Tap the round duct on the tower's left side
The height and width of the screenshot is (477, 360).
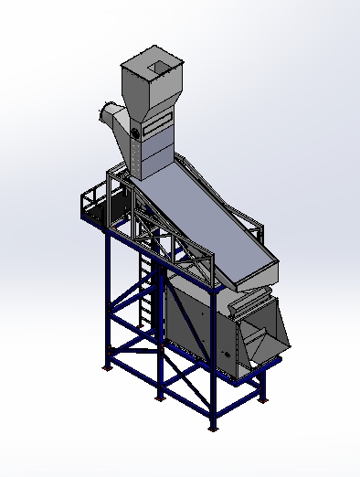[111, 116]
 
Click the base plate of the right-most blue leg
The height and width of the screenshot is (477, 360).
[265, 397]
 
